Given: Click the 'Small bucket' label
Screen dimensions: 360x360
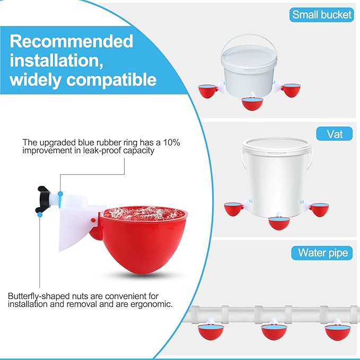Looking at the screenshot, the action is [321, 15].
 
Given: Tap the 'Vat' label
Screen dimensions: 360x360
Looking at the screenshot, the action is [334, 134].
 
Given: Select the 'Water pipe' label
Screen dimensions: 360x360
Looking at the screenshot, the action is [322, 253].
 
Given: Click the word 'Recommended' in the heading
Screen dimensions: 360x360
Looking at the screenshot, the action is [72, 41].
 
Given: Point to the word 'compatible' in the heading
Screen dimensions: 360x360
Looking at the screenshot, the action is [111, 80].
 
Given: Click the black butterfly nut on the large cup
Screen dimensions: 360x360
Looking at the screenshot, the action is [43, 199].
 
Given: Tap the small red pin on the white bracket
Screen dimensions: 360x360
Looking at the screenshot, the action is [93, 220].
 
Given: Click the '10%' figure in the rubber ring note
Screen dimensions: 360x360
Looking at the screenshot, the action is [171, 143].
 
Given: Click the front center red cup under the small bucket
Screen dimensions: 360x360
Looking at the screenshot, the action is [252, 104].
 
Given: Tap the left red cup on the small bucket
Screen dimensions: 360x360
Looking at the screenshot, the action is [208, 91].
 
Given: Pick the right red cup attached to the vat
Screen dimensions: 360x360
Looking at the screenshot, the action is [319, 209].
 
